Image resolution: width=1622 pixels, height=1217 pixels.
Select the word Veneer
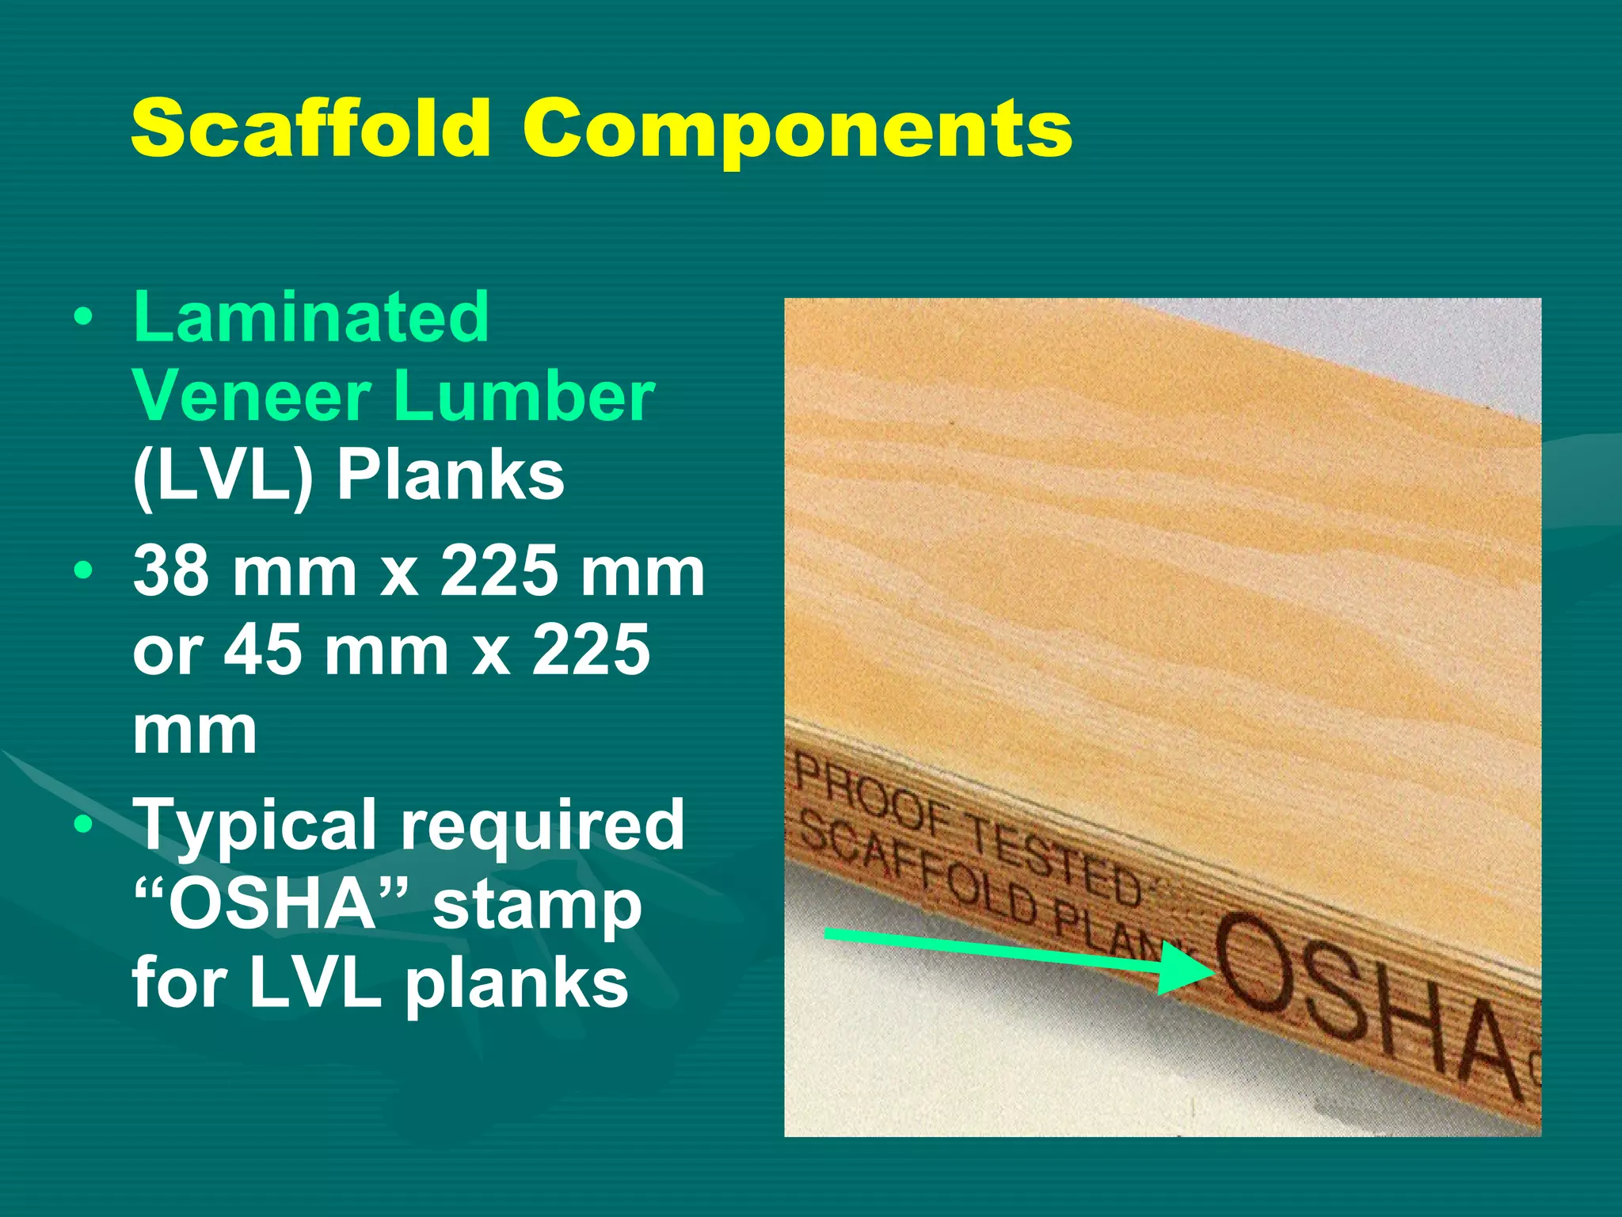point(252,396)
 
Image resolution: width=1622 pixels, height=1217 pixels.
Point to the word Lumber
point(524,396)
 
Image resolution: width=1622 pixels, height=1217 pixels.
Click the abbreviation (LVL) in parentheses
point(223,477)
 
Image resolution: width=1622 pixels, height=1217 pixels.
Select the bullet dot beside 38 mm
point(82,570)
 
